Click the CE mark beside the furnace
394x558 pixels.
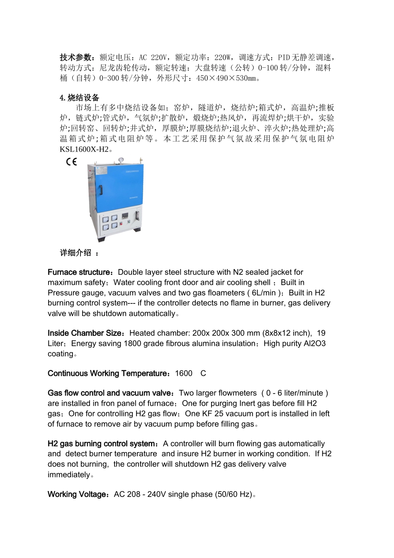(71, 162)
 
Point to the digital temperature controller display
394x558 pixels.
(126, 216)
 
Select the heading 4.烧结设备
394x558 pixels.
(80, 98)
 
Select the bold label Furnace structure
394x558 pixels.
(78, 272)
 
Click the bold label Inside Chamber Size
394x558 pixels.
(85, 333)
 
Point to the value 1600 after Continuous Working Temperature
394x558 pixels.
(184, 373)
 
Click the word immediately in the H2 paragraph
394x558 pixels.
(68, 475)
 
